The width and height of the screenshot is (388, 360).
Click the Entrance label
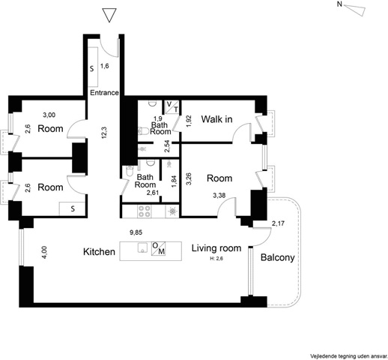coord(104,93)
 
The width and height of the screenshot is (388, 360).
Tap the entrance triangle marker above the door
coord(109,15)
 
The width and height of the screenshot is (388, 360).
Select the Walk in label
coord(216,119)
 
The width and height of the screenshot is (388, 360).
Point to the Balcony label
coord(278,257)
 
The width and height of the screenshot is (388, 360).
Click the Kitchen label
coord(99,251)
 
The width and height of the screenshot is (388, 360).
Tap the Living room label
coord(216,248)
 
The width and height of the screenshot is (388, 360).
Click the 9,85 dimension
coord(136,232)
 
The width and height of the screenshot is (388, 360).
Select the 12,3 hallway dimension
coord(104,133)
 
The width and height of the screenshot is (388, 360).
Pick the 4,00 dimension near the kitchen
coord(44,253)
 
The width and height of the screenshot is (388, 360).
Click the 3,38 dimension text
coord(219,195)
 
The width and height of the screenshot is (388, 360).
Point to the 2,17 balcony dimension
coord(278,223)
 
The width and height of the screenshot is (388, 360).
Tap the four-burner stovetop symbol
coord(144,211)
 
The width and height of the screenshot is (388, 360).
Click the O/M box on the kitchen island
coord(158,248)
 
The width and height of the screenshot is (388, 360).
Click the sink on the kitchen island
coord(142,247)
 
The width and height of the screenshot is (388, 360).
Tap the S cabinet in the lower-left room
coord(73,208)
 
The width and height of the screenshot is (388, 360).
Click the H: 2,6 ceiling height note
coord(216,259)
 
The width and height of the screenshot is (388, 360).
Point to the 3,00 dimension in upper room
coord(49,115)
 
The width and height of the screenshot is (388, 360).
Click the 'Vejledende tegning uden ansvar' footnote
coord(348,356)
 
